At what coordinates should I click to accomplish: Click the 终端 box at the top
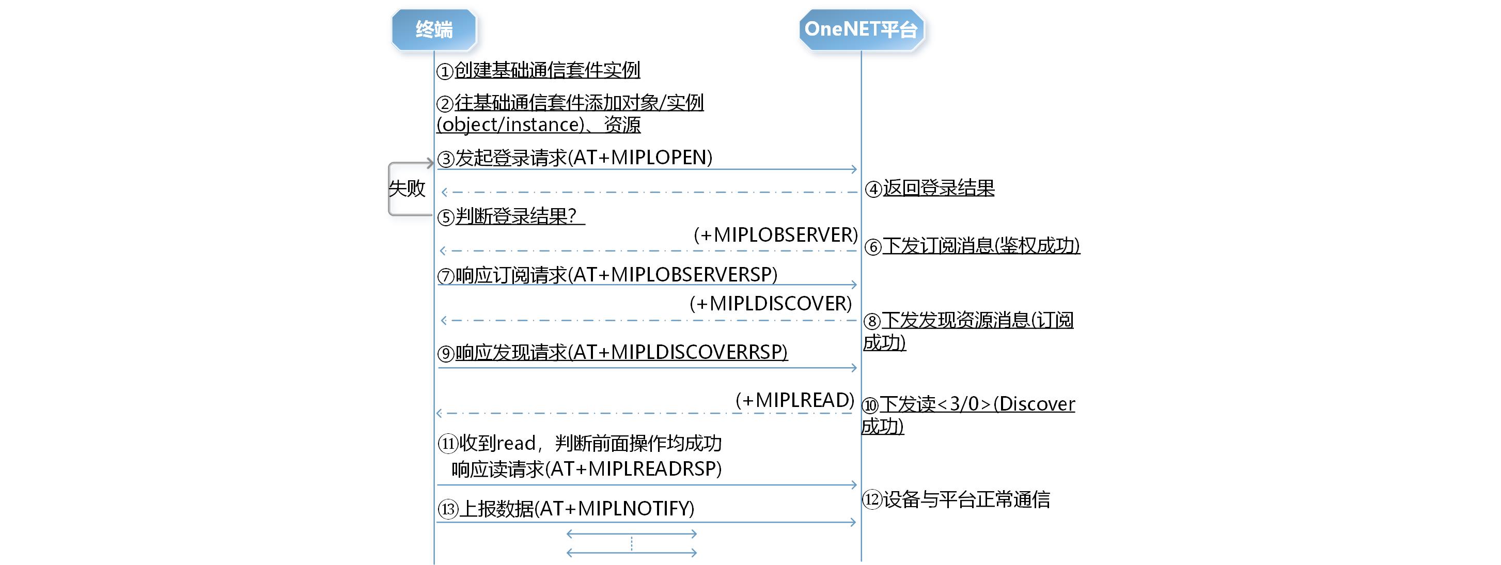click(433, 29)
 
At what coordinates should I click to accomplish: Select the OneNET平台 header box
click(861, 29)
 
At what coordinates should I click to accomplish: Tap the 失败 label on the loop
click(406, 188)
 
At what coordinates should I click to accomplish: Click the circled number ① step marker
click(445, 72)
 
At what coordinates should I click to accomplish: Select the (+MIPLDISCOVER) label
click(770, 304)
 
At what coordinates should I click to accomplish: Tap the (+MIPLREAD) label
click(795, 400)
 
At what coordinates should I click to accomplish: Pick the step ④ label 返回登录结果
click(938, 188)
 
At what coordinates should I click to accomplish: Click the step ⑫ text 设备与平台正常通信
click(966, 499)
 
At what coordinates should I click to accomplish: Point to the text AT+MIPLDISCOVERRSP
click(678, 352)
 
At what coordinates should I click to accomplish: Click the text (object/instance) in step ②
click(510, 124)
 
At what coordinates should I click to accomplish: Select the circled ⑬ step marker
click(447, 509)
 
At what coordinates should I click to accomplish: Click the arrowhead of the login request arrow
click(854, 169)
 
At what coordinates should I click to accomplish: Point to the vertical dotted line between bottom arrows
click(632, 543)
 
